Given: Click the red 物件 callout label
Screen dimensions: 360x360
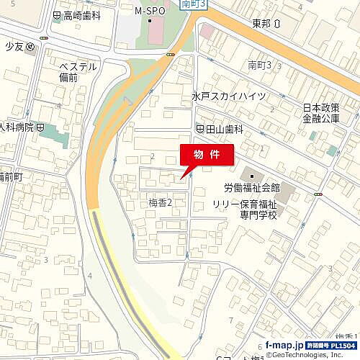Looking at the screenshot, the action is pos(205,155).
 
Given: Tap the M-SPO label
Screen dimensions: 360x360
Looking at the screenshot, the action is pos(150,12).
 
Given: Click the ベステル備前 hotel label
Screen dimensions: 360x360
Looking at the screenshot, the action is pos(78,72).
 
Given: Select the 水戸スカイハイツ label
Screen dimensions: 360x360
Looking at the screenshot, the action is pos(228,96).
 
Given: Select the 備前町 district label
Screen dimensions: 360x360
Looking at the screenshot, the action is pos(11,176).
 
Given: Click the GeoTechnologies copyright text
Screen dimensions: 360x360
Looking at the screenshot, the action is pos(311,355).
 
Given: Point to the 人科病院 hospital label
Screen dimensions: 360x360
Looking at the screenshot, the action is pos(22,127).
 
